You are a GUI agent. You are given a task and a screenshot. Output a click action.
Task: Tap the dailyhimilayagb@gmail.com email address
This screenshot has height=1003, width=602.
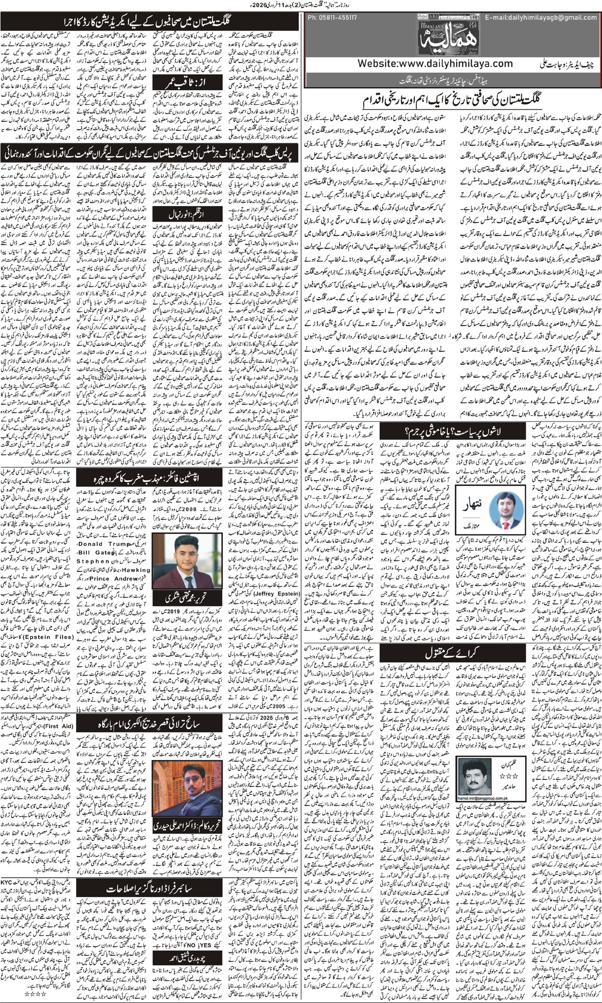[x=541, y=18]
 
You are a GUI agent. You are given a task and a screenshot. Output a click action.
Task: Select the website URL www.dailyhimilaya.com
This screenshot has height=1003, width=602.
[x=435, y=64]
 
